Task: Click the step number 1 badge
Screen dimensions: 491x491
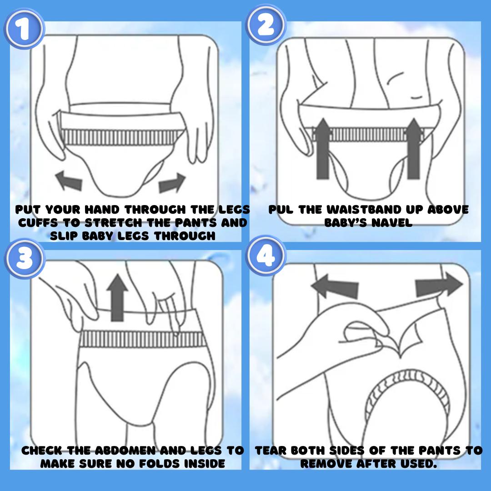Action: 24,30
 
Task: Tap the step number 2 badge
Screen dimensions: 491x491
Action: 266,25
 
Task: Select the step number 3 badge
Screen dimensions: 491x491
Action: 25,258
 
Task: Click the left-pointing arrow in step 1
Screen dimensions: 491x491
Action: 69,180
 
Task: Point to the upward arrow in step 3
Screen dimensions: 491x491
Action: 117,298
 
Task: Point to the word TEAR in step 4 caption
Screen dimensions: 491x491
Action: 271,451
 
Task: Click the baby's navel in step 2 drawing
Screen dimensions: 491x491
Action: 416,97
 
